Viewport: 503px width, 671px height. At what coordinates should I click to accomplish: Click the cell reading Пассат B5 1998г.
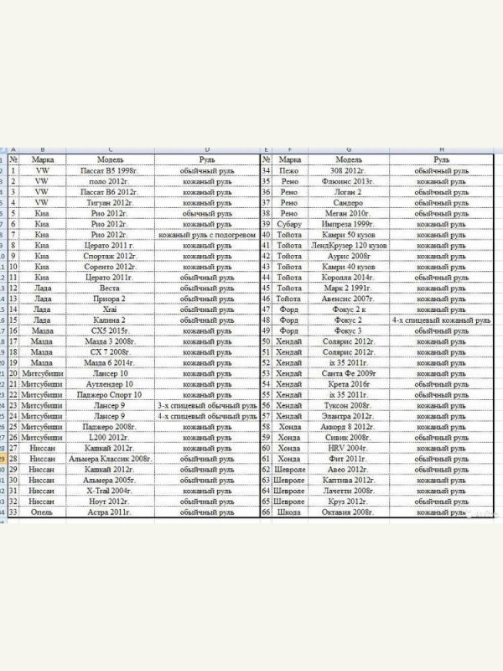110,170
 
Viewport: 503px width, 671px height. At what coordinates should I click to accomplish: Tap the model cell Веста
110,289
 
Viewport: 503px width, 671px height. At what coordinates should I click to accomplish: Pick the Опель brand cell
42,511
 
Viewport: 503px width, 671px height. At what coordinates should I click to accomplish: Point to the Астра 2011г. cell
110,511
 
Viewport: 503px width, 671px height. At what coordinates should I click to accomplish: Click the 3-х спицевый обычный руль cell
207,406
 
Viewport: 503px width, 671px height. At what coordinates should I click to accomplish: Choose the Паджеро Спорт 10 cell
110,395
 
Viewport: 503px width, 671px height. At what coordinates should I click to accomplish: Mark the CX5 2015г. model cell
110,330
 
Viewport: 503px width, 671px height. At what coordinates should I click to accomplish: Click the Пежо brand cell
289,170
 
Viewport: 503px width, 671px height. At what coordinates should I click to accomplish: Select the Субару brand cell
289,225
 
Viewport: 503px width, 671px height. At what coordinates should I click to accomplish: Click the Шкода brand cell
289,512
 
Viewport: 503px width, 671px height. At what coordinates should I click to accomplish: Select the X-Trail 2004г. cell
110,490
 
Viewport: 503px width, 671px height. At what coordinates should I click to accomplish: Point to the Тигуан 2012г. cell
110,203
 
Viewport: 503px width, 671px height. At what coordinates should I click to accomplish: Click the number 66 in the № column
267,512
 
